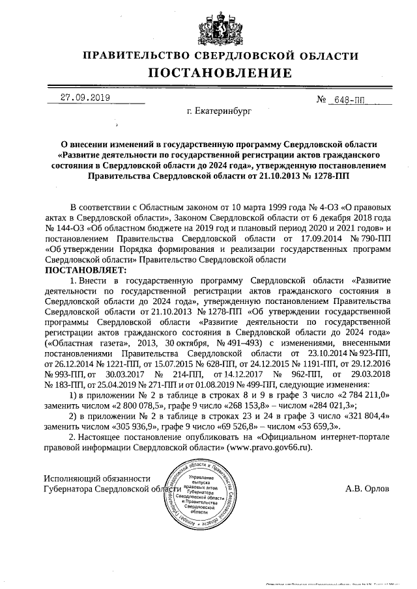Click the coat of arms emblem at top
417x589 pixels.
tap(208, 25)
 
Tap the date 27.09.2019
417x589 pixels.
tap(85, 98)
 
